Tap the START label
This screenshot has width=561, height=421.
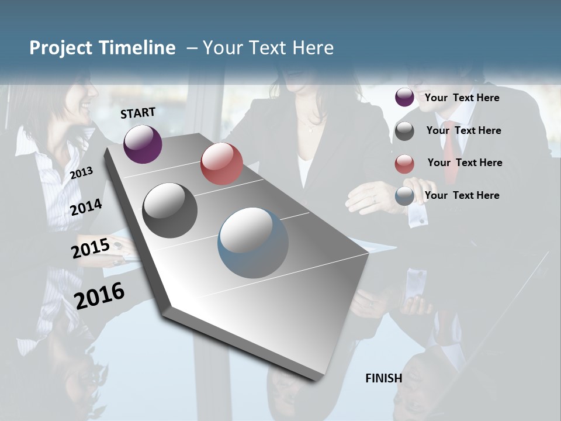point(138,113)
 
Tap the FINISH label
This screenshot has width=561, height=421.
point(384,378)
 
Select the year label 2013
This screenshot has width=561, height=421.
point(81,172)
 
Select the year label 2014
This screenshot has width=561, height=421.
point(86,207)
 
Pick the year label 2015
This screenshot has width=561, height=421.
point(90,249)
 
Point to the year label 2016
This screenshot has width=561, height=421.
point(99,295)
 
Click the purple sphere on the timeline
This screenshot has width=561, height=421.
point(143,144)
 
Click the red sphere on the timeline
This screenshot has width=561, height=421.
point(221,164)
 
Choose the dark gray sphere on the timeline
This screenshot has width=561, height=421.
point(170,210)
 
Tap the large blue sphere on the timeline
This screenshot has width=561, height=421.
point(253,243)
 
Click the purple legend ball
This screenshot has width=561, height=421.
point(404,98)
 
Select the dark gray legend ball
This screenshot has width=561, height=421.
point(404,131)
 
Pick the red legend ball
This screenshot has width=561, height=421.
point(404,164)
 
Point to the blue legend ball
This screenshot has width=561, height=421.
point(404,196)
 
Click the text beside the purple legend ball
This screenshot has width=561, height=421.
point(462,98)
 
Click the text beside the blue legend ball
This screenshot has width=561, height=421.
point(462,195)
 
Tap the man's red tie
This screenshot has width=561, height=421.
point(451,152)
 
